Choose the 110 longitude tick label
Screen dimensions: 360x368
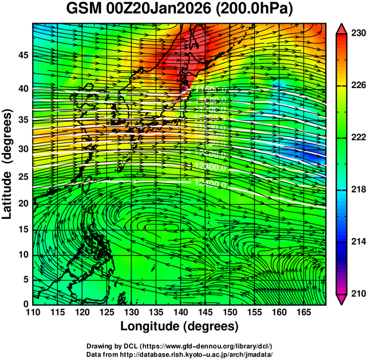point(33,312)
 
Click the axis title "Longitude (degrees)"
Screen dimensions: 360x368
point(180,326)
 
